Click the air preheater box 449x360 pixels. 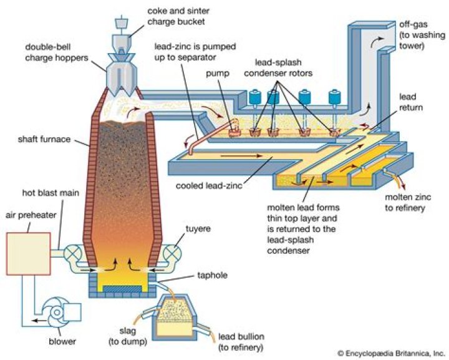tap(29, 255)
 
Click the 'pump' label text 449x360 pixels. tap(220, 74)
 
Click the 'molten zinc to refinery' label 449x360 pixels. tap(410, 202)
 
